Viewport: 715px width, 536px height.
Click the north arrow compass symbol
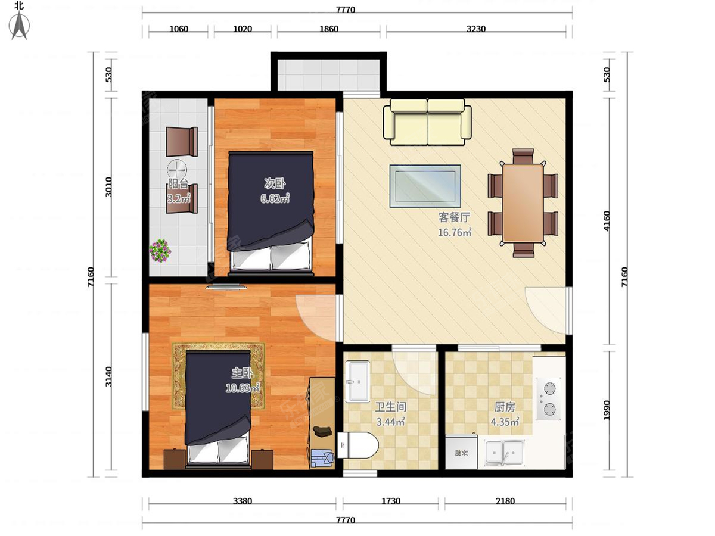[x=20, y=24]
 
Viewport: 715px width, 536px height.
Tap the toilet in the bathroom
[x=357, y=444]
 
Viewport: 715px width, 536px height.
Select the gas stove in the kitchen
[x=549, y=398]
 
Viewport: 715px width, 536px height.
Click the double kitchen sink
[x=504, y=452]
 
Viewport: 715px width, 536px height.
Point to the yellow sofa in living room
[x=427, y=122]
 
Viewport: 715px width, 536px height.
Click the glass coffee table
[x=425, y=186]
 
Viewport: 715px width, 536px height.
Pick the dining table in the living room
[x=523, y=203]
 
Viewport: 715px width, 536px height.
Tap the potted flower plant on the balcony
[x=160, y=250]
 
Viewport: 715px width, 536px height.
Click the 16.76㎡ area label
[x=455, y=232]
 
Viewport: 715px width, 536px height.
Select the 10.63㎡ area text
[x=243, y=388]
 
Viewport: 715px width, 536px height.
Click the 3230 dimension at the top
[x=476, y=29]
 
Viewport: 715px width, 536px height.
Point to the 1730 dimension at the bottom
[x=390, y=501]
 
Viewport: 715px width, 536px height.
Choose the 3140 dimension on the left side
[x=108, y=376]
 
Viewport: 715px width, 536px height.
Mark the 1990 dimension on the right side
[x=606, y=410]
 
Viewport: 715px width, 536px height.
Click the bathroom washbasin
[x=357, y=381]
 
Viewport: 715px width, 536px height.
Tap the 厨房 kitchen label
[x=505, y=407]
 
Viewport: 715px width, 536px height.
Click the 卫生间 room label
[x=390, y=407]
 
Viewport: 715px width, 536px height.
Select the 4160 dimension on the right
[x=606, y=221]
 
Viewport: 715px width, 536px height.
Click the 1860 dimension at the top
[x=329, y=29]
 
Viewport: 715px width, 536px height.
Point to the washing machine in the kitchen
[x=461, y=453]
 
